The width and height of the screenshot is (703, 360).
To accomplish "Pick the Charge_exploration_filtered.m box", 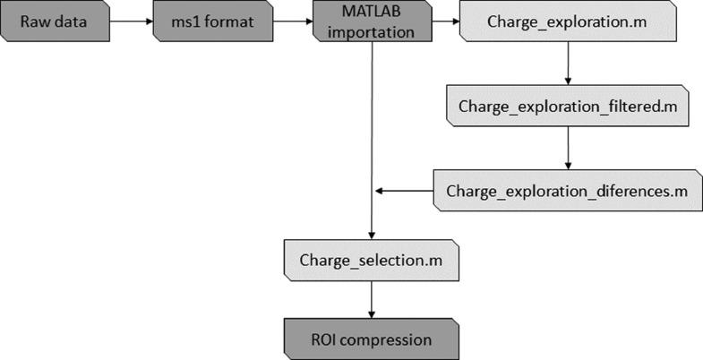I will coord(567,106).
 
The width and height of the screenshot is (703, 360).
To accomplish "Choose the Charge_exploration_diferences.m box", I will coord(567,191).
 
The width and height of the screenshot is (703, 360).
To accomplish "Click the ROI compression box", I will coord(371,339).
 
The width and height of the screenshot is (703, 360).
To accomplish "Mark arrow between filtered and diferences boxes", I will coord(568,148).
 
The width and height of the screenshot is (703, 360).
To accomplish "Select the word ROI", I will coord(325,339).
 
